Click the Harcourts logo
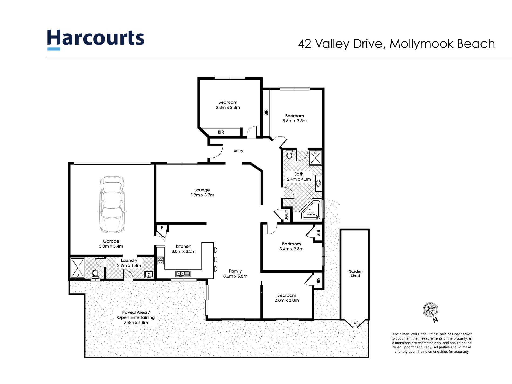pyautogui.click(x=96, y=39)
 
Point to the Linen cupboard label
pyautogui.click(x=286, y=215)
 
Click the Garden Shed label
pyautogui.click(x=355, y=274)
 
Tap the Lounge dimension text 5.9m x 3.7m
pyautogui.click(x=202, y=195)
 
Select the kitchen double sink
pyautogui.click(x=183, y=274)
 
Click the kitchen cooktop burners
pyautogui.click(x=160, y=260)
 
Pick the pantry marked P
pyautogui.click(x=162, y=228)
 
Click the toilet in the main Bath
pyautogui.click(x=289, y=155)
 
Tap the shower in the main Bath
pyautogui.click(x=315, y=158)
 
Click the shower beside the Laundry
pyautogui.click(x=77, y=268)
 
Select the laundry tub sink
pyautogui.click(x=149, y=275)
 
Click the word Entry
pyautogui.click(x=238, y=150)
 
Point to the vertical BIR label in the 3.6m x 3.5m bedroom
pyautogui.click(x=266, y=112)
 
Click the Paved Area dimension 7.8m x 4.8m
pyautogui.click(x=136, y=322)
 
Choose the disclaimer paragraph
pyautogui.click(x=432, y=343)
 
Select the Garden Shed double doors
pyautogui.click(x=355, y=323)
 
